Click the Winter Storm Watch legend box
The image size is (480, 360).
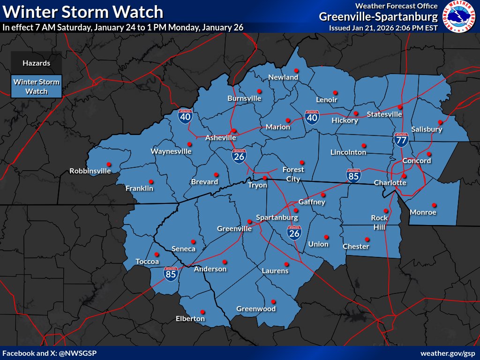(37, 87)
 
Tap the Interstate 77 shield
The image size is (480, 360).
(401, 139)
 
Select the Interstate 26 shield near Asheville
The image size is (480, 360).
(239, 155)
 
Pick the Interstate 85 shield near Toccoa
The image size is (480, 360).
(171, 274)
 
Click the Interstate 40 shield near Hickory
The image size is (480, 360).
(312, 118)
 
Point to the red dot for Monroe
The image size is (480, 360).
(434, 205)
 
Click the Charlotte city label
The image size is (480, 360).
(390, 182)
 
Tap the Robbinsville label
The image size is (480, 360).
(90, 171)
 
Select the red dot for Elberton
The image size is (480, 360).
(202, 312)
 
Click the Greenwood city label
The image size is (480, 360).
(256, 309)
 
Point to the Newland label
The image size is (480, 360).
(283, 77)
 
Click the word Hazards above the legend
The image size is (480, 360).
(36, 63)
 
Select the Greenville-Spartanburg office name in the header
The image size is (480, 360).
(378, 17)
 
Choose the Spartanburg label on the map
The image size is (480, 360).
(277, 218)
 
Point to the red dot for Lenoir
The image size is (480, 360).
(335, 92)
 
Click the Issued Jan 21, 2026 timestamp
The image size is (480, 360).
(383, 28)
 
